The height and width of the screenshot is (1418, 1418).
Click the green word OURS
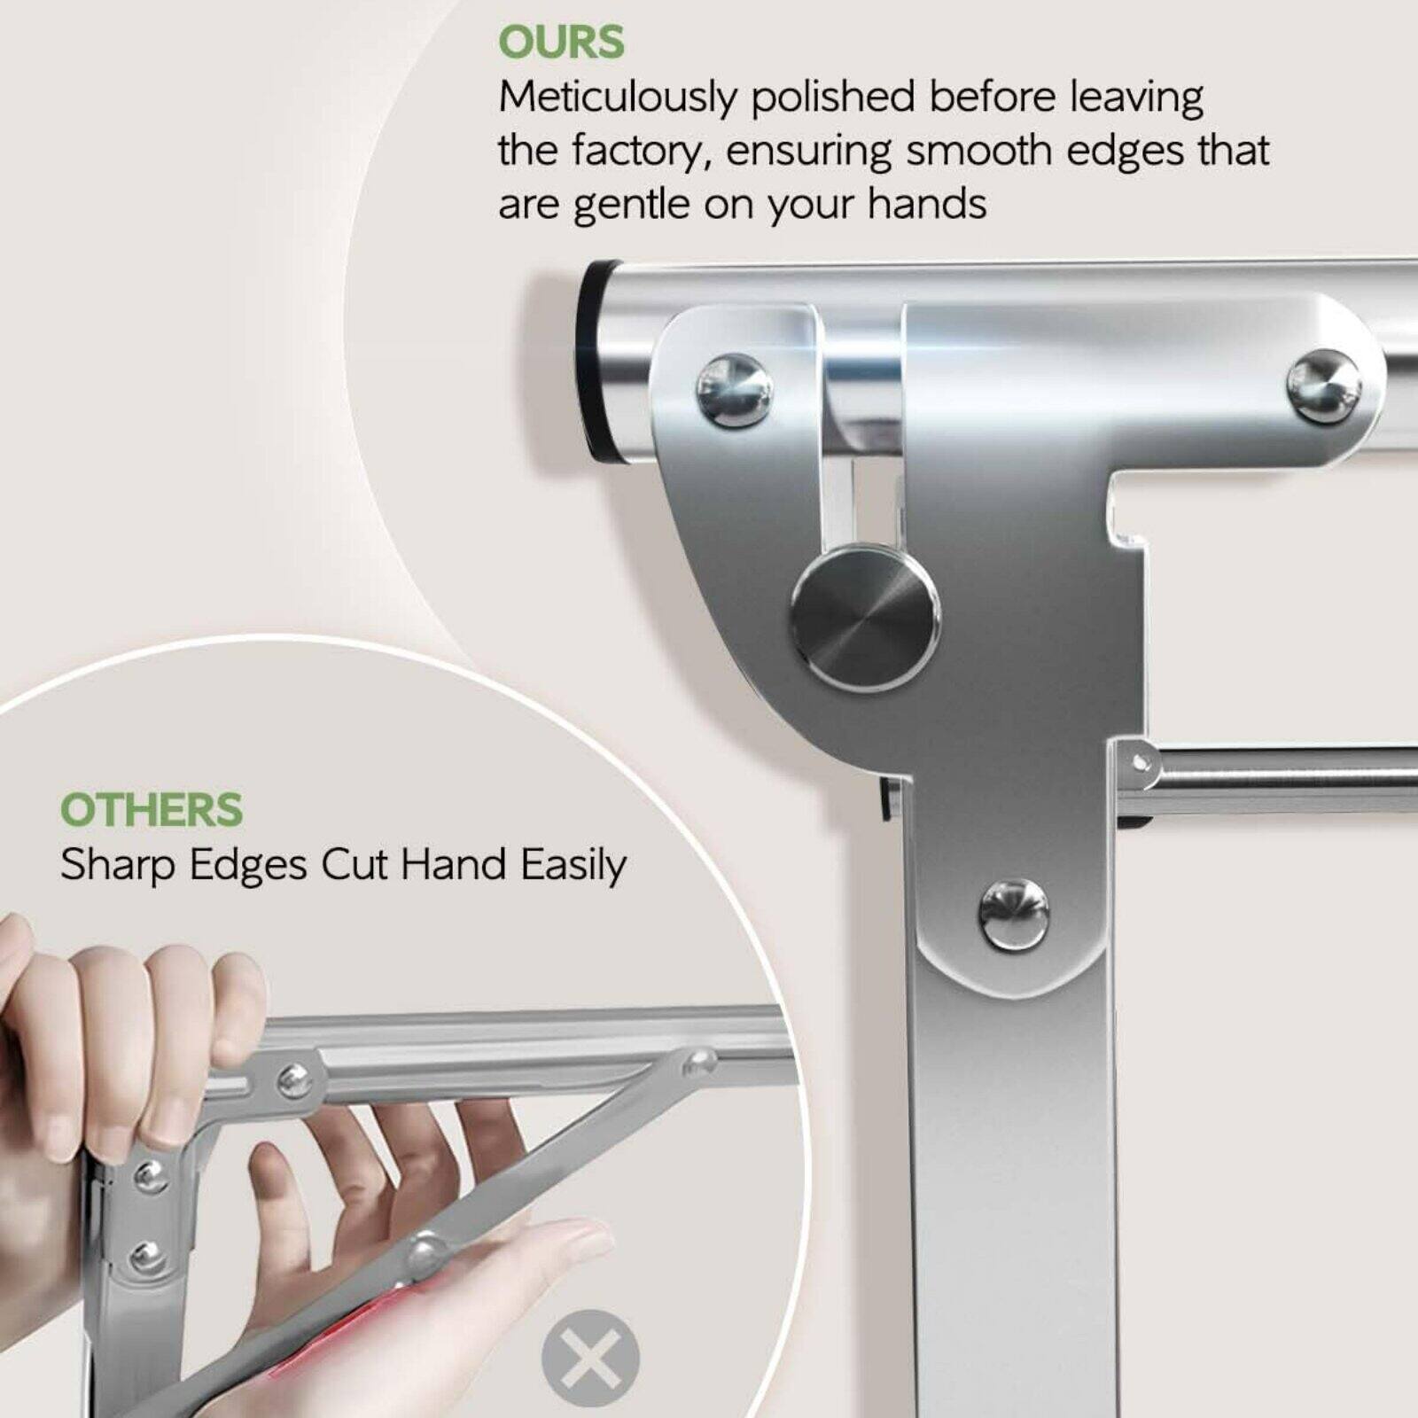click(561, 43)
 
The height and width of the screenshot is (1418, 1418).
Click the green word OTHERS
click(151, 810)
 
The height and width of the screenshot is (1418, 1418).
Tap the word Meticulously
click(617, 97)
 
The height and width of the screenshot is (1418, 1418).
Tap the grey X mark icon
click(589, 1357)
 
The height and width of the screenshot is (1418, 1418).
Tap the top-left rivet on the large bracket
click(734, 389)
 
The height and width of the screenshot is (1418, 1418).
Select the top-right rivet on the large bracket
click(1323, 387)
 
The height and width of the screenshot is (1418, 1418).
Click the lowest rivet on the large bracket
click(1014, 915)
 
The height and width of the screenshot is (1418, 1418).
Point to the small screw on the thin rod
click(1141, 762)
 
